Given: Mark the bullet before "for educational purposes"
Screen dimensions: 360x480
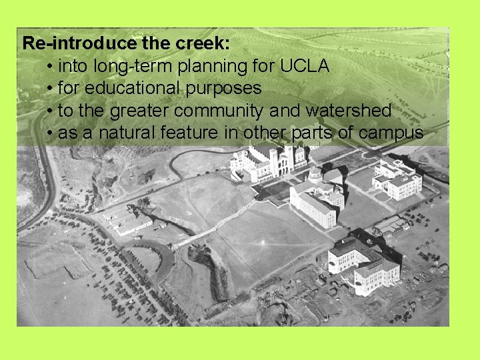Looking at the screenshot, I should click(51, 89).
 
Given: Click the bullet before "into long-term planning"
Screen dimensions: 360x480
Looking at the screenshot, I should click(51, 67).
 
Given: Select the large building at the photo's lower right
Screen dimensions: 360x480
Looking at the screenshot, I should click(363, 263).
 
